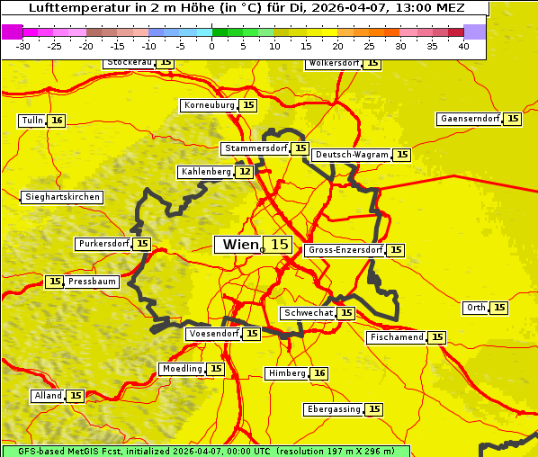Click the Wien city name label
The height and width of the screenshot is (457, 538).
[x=239, y=245]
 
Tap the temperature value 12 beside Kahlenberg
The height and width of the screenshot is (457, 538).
[x=245, y=172]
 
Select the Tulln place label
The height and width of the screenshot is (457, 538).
[x=31, y=121]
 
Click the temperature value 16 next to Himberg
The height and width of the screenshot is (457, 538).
[x=319, y=373]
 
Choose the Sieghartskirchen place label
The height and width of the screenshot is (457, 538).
[x=61, y=197]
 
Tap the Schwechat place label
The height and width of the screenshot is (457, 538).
[x=308, y=313]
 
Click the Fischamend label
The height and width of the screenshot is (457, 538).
[x=396, y=337]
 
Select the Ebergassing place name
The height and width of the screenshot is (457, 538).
[x=334, y=409]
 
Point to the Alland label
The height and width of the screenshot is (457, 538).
[x=48, y=396]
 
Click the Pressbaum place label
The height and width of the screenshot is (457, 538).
[x=92, y=282]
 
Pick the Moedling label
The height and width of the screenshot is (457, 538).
[x=182, y=369]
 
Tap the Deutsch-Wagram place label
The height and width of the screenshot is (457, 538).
[x=351, y=155]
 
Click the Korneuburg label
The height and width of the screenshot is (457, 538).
[x=210, y=105]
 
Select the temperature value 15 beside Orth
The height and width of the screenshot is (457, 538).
[x=499, y=308]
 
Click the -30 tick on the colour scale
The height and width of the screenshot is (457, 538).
[x=23, y=46]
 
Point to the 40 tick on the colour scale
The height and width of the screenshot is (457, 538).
[x=463, y=46]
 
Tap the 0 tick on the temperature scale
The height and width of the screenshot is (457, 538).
[x=211, y=46]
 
